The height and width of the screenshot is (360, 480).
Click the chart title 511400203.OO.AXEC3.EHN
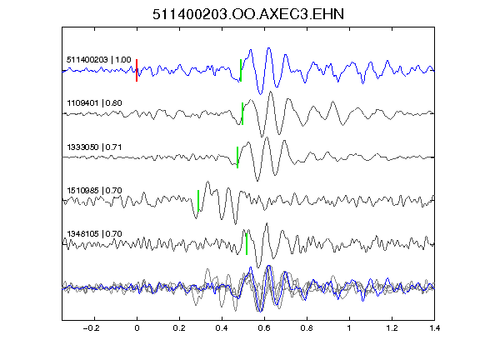tap(248, 14)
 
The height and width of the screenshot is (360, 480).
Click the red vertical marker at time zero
tap(137, 70)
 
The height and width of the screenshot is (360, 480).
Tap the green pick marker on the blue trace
tap(241, 70)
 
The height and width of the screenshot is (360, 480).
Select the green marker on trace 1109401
tap(242, 113)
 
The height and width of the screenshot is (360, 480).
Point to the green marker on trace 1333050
tap(237, 157)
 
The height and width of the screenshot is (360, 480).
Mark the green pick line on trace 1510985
tap(198, 201)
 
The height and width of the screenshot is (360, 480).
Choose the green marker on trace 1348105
tap(247, 244)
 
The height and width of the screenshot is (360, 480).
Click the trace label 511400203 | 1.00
tap(99, 59)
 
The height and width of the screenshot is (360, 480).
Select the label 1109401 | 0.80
tap(94, 102)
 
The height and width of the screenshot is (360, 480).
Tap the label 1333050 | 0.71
tap(94, 147)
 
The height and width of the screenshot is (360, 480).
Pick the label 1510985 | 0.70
tap(94, 191)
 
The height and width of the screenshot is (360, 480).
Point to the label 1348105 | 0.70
tap(94, 234)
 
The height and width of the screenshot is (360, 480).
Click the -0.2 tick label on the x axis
tap(92, 328)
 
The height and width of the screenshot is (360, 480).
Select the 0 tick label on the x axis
tap(137, 328)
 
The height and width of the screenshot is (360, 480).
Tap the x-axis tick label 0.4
tap(222, 328)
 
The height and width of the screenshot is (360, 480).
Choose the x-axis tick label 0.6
tap(264, 328)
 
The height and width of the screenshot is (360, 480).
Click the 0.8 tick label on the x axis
tap(307, 328)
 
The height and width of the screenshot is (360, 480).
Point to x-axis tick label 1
tap(349, 328)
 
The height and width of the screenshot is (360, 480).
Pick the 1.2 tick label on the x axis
tap(392, 328)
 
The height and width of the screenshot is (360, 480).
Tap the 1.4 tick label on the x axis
tap(434, 328)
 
